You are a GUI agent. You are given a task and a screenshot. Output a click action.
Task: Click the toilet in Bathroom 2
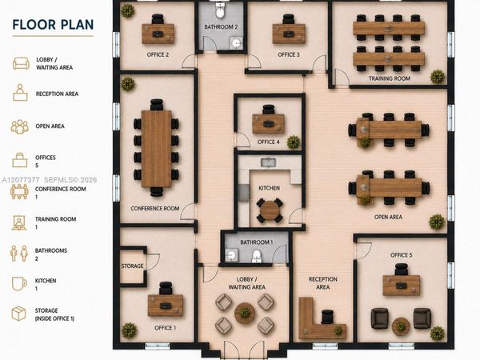[220, 10]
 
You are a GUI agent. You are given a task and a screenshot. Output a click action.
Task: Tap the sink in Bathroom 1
[231, 255]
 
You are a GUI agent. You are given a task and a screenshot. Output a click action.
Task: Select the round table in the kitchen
[269, 210]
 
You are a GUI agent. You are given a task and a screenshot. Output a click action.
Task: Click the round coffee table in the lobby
[245, 313]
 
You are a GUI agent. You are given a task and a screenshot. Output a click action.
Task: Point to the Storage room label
[132, 266]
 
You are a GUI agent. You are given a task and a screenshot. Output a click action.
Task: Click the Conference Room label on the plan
[155, 209]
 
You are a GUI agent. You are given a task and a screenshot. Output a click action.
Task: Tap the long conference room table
[157, 149]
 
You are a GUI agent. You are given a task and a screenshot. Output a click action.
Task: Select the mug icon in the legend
[19, 283]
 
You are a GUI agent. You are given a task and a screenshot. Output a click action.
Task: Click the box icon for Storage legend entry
[18, 314]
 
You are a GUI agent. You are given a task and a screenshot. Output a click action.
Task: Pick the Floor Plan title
[53, 25]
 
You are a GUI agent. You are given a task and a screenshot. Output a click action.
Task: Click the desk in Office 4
[269, 124]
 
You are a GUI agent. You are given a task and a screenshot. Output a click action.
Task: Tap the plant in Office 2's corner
[127, 11]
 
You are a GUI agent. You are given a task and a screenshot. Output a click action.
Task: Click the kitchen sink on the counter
[269, 162]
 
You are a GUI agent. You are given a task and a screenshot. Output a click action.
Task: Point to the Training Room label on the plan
[389, 78]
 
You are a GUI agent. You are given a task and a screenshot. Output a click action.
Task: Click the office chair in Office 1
[166, 288]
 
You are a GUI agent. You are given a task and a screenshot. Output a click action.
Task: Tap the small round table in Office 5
[401, 326]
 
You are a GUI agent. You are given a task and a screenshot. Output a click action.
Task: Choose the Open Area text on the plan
[388, 217]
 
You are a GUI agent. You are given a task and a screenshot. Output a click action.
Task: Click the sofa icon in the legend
[21, 63]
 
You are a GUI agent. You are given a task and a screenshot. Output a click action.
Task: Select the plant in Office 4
[294, 142]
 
